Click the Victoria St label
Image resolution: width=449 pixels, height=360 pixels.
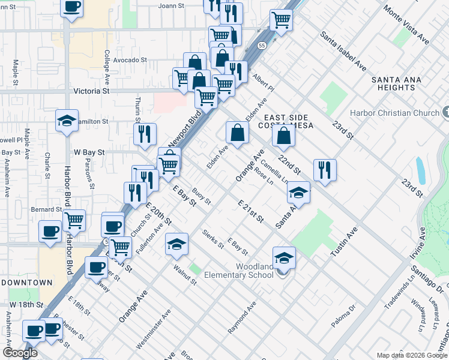[91, 91]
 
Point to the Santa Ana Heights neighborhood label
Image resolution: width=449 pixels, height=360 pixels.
[393, 83]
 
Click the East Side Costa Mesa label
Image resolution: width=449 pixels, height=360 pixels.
[286, 122]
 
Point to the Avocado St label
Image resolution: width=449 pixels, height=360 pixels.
[130, 60]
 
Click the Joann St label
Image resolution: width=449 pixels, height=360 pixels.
[169, 6]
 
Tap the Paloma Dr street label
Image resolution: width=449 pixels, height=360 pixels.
[344, 315]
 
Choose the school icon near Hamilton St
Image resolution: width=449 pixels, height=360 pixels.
[67, 120]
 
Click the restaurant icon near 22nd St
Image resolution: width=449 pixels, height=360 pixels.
[325, 169]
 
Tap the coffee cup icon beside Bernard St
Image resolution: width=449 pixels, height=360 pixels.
[50, 231]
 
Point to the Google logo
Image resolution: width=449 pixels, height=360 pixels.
[20, 352]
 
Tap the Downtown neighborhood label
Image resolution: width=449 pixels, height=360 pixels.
[26, 282]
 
